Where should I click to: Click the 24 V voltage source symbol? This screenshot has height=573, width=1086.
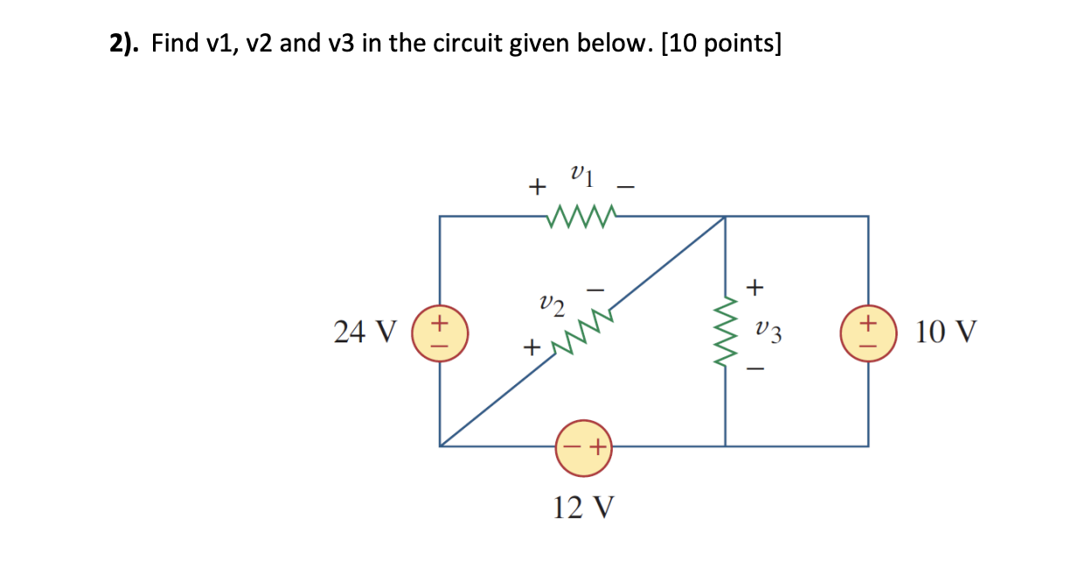pyautogui.click(x=439, y=334)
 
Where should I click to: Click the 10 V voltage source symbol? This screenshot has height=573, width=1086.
pyautogui.click(x=867, y=334)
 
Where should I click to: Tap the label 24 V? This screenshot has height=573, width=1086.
pyautogui.click(x=365, y=333)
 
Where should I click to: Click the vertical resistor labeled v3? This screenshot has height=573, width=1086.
pyautogui.click(x=725, y=333)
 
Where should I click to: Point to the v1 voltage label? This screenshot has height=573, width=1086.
pyautogui.click(x=581, y=178)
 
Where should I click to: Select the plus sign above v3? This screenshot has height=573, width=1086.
pyautogui.click(x=756, y=286)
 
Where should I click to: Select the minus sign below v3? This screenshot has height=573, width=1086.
pyautogui.click(x=756, y=371)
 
